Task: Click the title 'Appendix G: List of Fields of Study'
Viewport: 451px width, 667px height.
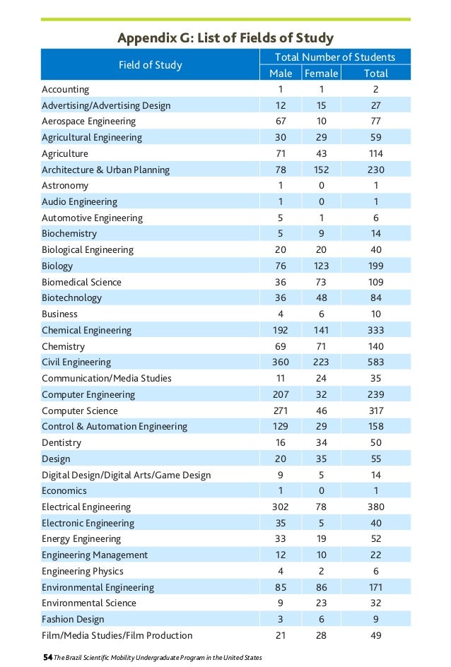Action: point(225,37)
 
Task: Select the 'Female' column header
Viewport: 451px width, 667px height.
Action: point(321,73)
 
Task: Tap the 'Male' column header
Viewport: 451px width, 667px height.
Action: point(281,73)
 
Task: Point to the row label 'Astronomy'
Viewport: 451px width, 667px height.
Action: point(65,186)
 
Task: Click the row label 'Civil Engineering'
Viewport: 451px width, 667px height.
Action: point(76,362)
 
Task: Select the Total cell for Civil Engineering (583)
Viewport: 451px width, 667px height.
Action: point(375,362)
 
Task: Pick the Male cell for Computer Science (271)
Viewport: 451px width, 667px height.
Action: point(281,411)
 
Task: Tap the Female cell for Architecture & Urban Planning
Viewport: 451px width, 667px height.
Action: point(321,170)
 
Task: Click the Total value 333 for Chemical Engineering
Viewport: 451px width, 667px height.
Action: point(375,330)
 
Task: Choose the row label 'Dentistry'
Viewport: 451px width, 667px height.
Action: point(61,443)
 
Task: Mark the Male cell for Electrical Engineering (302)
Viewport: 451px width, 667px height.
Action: point(281,507)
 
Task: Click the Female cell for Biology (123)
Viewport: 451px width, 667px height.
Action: point(321,266)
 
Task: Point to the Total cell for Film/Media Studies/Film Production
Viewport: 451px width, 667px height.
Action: point(375,636)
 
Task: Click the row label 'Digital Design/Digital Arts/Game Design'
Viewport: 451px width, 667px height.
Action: point(126,475)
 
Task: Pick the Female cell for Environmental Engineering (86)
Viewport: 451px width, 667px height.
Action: point(321,587)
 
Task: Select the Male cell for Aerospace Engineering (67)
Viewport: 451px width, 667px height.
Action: point(281,122)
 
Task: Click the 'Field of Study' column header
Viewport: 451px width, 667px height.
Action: point(150,65)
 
